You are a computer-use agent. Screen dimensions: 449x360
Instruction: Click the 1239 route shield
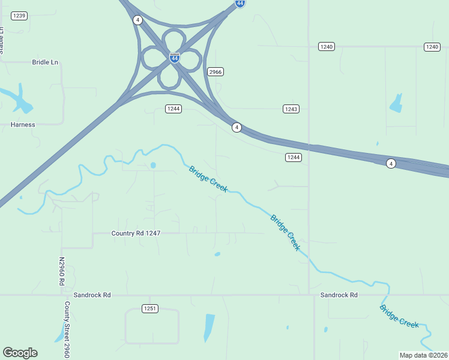point(19,15)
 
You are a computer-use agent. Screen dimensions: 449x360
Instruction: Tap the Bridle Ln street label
point(45,62)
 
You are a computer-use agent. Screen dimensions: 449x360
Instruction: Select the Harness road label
point(23,125)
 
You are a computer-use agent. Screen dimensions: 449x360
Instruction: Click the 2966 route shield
point(215,71)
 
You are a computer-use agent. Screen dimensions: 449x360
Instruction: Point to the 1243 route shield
point(291,109)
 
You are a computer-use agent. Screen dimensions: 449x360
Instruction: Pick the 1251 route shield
point(150,308)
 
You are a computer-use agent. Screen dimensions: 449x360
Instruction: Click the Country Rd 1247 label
point(136,233)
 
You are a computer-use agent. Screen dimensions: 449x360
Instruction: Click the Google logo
point(20,353)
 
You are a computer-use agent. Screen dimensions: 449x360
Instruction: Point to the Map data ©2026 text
point(423,355)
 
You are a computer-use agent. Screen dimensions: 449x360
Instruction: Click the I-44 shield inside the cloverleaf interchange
point(175,58)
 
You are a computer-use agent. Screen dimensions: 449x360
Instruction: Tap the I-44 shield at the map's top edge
point(240,3)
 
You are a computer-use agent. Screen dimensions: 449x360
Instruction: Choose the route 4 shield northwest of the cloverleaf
point(138,20)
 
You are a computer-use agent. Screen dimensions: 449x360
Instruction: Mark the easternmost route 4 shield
point(391,163)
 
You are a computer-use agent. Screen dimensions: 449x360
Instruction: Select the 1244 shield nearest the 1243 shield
point(293,157)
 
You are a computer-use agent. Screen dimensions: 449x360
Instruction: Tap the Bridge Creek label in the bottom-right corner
point(399,316)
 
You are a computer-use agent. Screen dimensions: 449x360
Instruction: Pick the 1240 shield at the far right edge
point(432,46)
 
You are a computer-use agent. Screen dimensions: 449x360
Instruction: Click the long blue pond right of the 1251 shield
point(209,327)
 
